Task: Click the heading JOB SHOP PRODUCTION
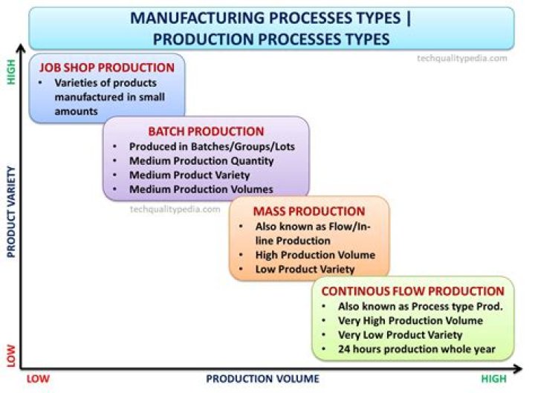tap(107, 68)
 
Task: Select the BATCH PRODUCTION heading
tap(206, 131)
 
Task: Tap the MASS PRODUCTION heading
tap(309, 212)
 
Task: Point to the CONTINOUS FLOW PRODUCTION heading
tap(412, 291)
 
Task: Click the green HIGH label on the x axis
tap(492, 379)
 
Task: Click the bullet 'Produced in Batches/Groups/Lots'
tap(212, 146)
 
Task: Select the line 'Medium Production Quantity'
tap(201, 160)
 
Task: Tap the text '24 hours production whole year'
tap(416, 349)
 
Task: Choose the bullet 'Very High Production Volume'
tap(410, 320)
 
